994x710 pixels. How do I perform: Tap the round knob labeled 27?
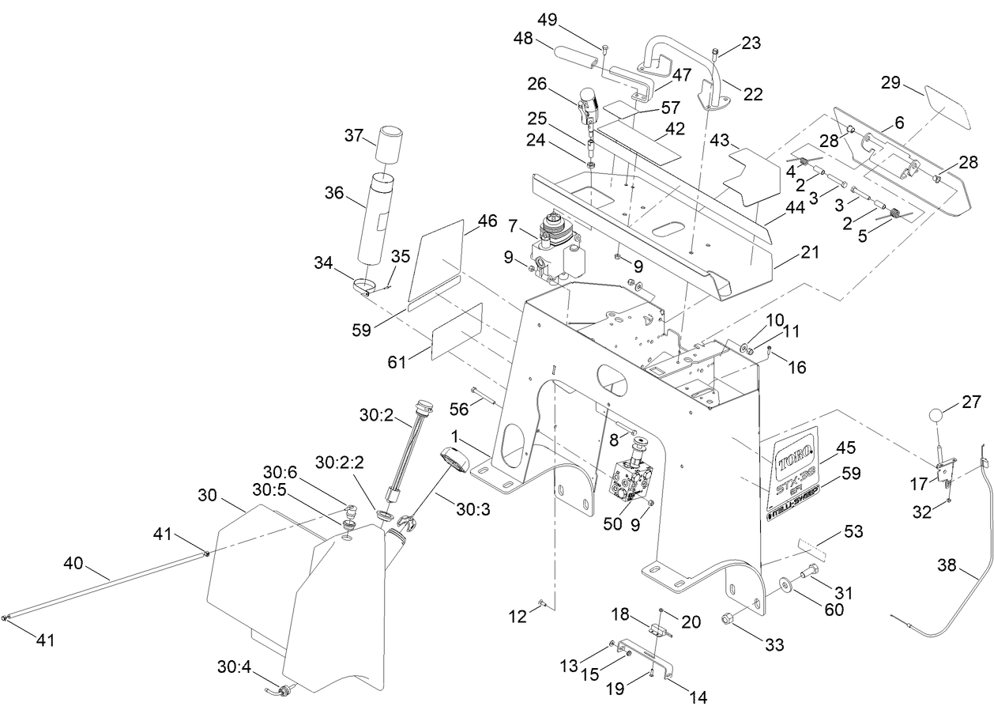[937, 414]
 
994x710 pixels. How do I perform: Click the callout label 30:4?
[233, 668]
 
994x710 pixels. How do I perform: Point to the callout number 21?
[809, 252]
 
